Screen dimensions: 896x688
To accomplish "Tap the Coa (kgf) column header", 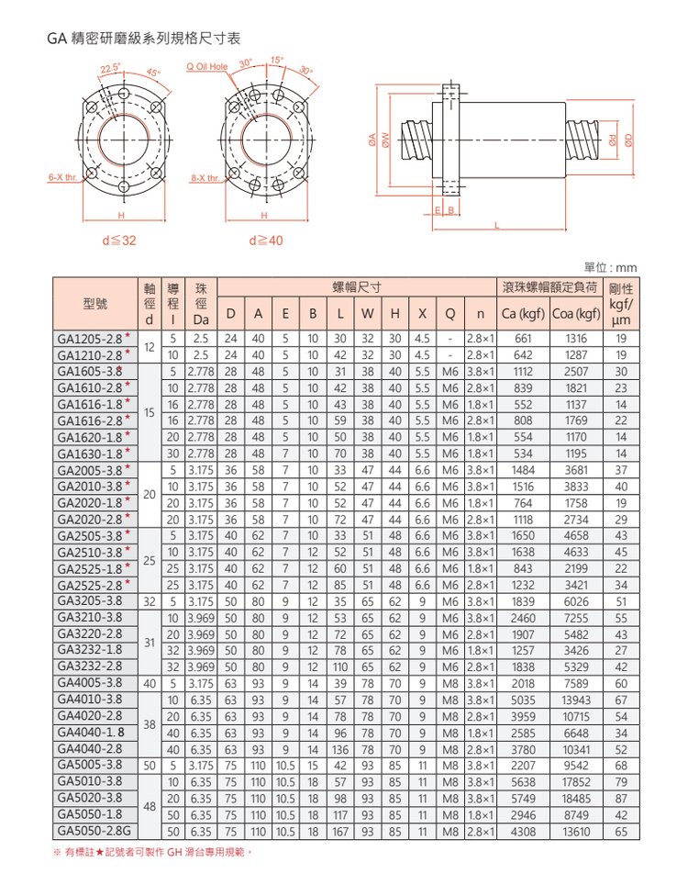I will tap(576, 317).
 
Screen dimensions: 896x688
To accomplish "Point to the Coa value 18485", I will tap(576, 799).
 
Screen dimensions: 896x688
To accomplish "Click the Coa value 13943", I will tap(576, 700).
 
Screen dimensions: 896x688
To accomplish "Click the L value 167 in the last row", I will tap(341, 832).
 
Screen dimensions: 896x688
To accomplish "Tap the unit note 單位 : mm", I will tap(610, 267).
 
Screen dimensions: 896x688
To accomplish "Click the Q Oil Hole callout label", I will tap(206, 67).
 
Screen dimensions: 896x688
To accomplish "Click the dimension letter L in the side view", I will tap(496, 226).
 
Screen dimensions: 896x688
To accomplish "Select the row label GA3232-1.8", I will tap(90, 651).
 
